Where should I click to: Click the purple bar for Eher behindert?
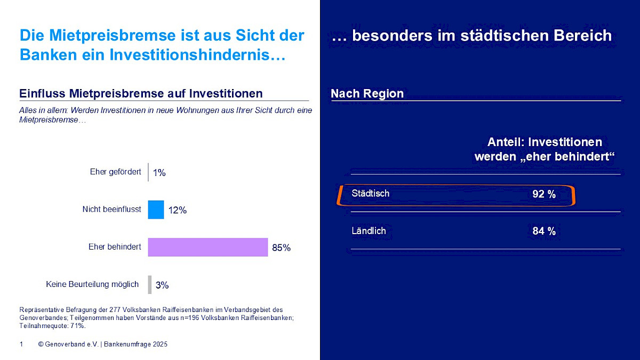pos(207,247)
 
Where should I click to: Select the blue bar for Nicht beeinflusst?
pos(156,210)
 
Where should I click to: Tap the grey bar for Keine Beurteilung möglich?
pos(150,284)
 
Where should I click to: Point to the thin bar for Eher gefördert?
pos(148,172)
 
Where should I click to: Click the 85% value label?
pos(281,248)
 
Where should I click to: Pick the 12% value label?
pos(177,210)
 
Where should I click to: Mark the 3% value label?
pos(162,285)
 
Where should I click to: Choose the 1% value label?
pos(159,173)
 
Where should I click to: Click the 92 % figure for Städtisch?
pos(544,194)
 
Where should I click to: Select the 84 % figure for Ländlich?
pos(544,231)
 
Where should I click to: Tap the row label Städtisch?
pos(370,193)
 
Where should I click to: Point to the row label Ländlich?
pos(369,231)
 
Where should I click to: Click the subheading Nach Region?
pos(367,94)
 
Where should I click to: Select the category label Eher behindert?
pos(115,247)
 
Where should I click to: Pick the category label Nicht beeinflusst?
pos(111,209)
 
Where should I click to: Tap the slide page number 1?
pos(21,345)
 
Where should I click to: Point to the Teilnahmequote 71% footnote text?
pos(53,325)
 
